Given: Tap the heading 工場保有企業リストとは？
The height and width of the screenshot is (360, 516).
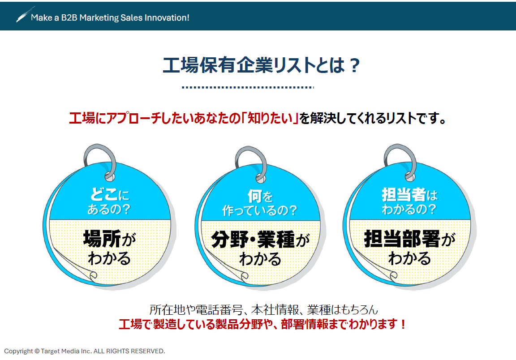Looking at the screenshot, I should click(261, 65).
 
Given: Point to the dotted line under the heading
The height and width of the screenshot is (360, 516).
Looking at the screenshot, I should click(248, 87).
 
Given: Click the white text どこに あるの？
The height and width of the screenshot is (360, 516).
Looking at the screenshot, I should click(109, 202).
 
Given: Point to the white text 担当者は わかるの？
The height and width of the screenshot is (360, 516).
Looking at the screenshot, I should click(409, 202).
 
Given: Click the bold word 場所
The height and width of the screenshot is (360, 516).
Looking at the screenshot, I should click(102, 240).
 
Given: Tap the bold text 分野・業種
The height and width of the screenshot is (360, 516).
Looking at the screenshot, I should click(253, 240).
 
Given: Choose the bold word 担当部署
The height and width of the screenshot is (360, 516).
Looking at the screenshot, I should click(402, 240).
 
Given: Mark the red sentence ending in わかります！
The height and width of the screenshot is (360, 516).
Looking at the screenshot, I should click(263, 324).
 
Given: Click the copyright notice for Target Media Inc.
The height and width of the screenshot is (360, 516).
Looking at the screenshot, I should click(85, 351).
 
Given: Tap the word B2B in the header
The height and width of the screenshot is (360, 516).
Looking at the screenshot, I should click(68, 18).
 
